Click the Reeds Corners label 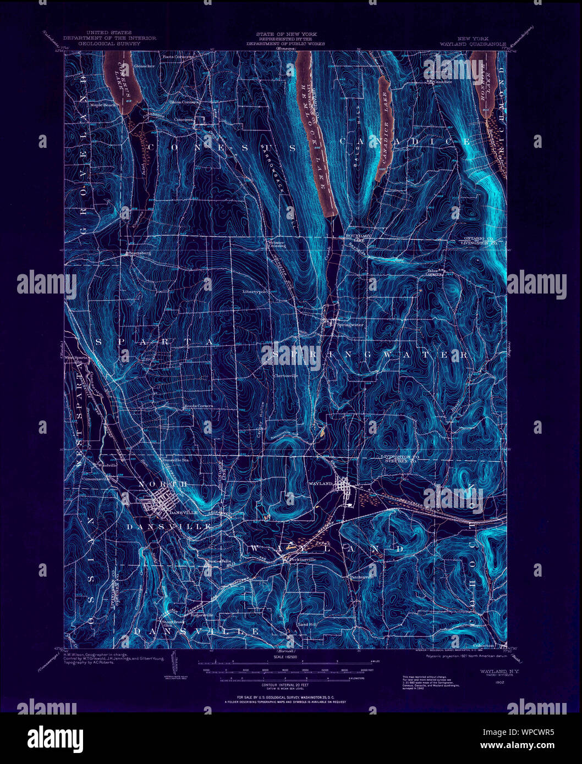[x=198, y=406]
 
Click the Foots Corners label [x=177, y=57]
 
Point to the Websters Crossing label [x=276, y=244]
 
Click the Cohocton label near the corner [x=484, y=646]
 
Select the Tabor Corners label [x=434, y=272]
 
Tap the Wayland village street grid [x=344, y=487]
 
